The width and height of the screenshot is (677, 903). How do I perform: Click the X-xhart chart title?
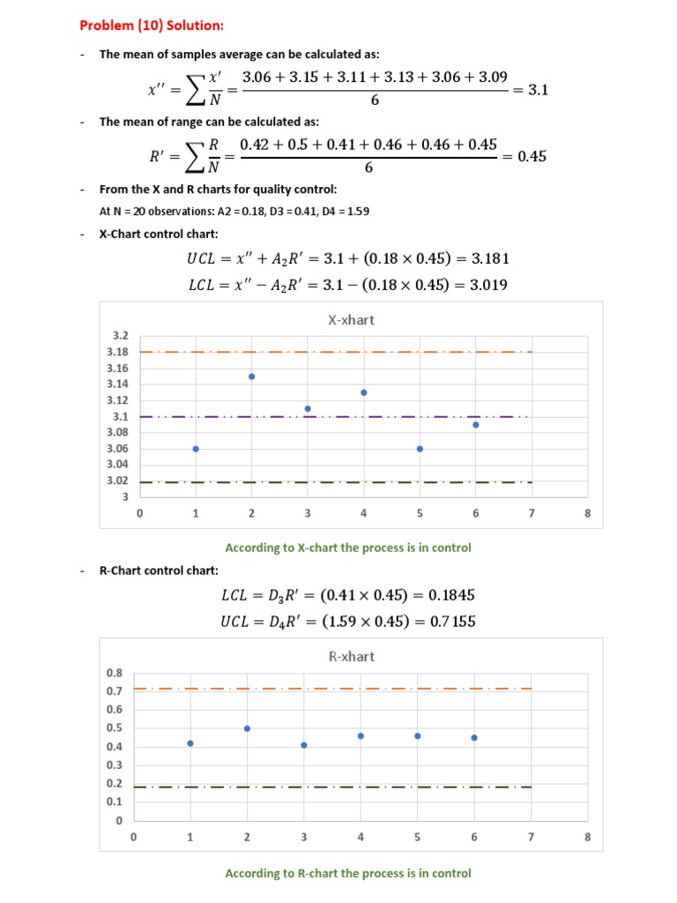click(351, 320)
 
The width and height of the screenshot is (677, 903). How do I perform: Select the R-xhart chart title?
click(351, 656)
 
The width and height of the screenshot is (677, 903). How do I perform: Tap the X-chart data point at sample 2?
click(252, 377)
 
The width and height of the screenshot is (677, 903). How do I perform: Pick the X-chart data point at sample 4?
click(364, 392)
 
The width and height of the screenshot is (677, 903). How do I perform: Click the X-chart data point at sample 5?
click(420, 449)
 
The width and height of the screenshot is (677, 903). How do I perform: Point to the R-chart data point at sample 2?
click(247, 728)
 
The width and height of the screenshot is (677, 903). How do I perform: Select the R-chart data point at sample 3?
click(304, 745)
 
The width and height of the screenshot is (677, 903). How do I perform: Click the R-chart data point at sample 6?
click(474, 737)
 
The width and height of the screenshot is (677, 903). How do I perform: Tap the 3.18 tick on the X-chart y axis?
click(117, 352)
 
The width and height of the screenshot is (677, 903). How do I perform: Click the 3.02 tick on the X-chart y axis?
click(117, 481)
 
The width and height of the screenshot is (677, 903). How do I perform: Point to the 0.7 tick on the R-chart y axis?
click(115, 691)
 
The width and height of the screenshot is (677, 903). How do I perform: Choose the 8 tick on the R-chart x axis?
click(588, 838)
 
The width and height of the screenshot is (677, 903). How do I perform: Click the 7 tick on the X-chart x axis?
click(532, 513)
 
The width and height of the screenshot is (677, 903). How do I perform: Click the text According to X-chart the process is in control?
click(348, 548)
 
